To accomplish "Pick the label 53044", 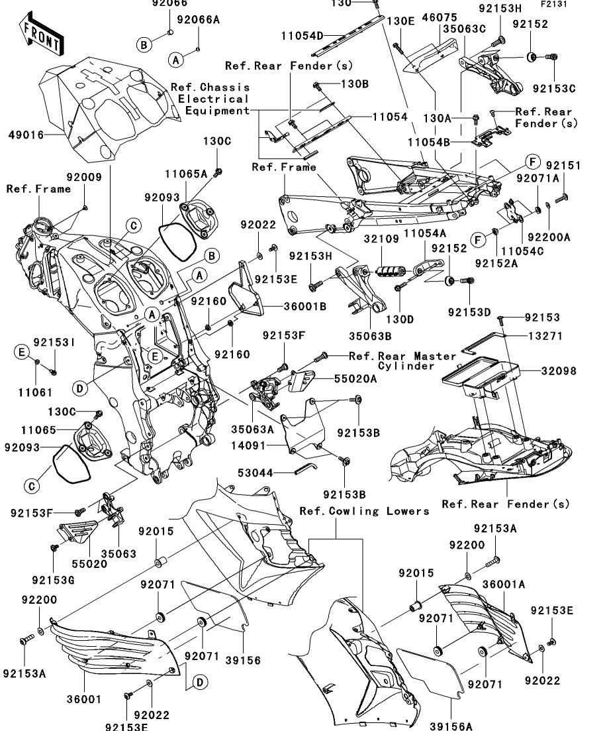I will click(254, 473).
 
